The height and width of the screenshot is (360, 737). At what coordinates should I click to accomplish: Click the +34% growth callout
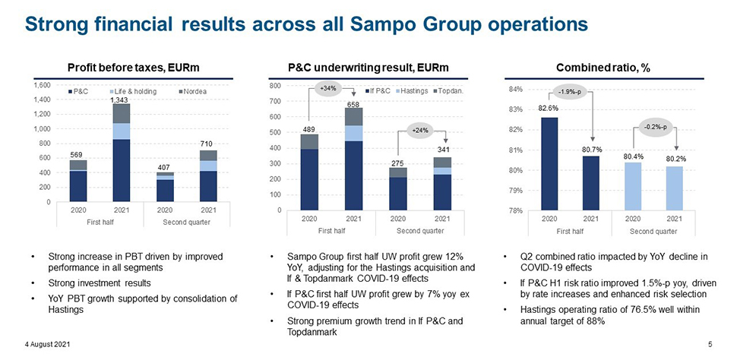pyautogui.click(x=328, y=90)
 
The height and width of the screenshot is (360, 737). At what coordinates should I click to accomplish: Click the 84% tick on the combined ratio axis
pyautogui.click(x=517, y=90)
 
